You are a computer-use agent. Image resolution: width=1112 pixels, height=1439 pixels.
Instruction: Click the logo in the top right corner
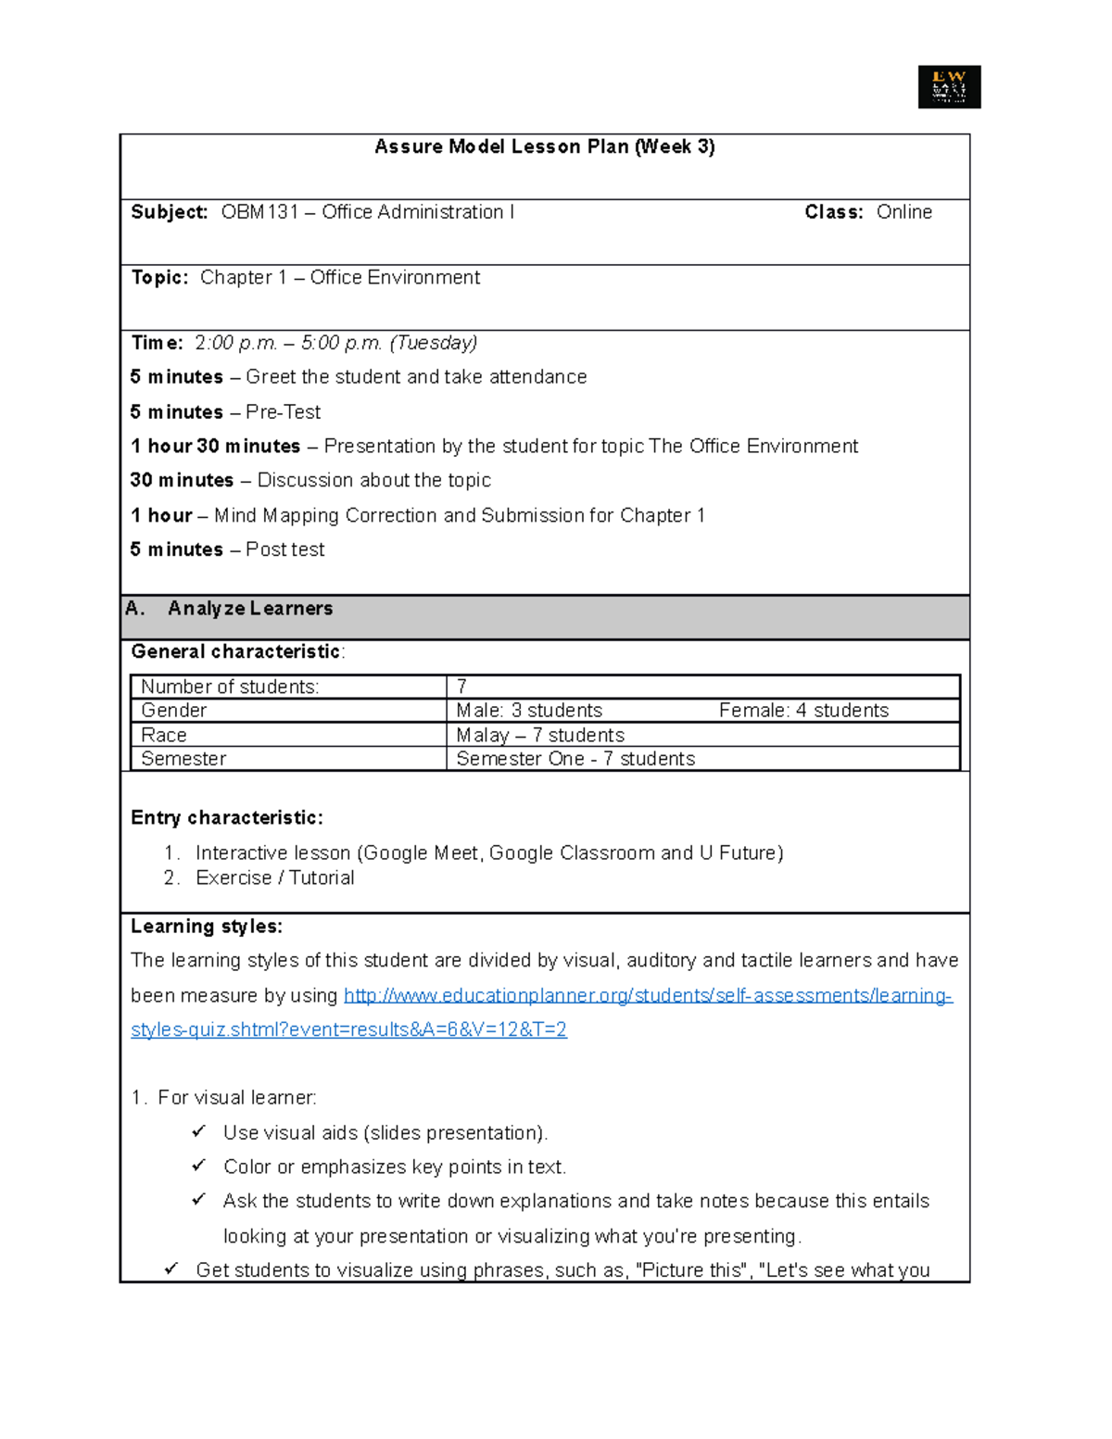coord(949,87)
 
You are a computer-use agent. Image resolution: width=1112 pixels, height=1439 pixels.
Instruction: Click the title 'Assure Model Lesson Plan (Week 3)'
coord(544,146)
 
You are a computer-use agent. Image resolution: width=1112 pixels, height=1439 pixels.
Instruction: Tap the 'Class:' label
coord(833,212)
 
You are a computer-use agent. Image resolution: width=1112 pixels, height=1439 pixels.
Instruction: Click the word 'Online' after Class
coord(903,212)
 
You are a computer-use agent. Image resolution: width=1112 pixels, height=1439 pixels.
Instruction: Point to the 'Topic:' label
coord(159,278)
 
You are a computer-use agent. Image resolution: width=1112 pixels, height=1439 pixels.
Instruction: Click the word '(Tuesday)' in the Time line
coord(434,343)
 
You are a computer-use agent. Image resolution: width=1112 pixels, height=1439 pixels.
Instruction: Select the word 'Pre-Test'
coord(283,412)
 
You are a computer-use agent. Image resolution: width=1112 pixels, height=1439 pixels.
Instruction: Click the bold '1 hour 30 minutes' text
coord(215,447)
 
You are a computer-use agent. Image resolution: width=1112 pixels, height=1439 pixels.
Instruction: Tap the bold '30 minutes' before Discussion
coord(182,481)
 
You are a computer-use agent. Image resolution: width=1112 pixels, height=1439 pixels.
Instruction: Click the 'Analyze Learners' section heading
coord(250,609)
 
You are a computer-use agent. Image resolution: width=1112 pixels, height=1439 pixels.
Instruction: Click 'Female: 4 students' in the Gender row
coord(803,711)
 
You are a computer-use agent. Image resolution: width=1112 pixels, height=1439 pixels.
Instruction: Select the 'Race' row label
coord(164,736)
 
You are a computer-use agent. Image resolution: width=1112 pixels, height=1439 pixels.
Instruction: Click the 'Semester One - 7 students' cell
coord(575,759)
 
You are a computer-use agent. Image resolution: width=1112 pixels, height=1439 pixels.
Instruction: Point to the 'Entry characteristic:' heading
coord(227,818)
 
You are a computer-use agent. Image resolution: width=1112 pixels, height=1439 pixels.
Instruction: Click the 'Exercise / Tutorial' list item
coord(274,878)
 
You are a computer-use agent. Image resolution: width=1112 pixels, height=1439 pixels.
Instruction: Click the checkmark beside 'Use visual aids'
coord(198,1132)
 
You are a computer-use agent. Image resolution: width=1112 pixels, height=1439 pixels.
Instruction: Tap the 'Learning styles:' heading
coord(207,927)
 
